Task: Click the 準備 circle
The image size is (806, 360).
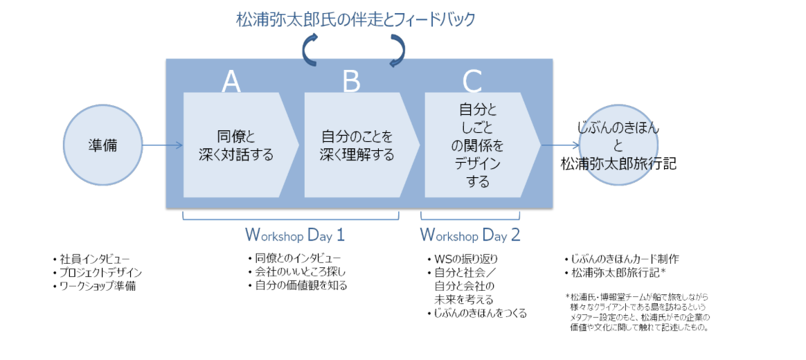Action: [102, 145]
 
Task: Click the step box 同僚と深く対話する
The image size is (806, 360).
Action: [235, 145]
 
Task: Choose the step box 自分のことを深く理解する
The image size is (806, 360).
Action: [357, 145]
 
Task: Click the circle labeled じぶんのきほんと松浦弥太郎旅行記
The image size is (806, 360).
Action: [618, 145]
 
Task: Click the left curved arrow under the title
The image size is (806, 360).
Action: [310, 50]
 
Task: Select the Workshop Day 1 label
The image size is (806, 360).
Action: [295, 235]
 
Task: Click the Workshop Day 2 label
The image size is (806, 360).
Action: [470, 235]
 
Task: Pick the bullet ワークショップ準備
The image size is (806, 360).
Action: [97, 285]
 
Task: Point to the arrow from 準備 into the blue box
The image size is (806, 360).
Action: [162, 145]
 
